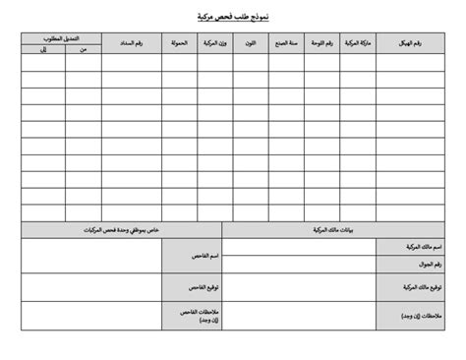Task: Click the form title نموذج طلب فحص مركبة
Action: (x=232, y=17)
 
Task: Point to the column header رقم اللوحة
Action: (x=320, y=44)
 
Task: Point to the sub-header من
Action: (x=83, y=49)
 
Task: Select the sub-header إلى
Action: (x=43, y=49)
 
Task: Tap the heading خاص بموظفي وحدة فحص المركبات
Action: (x=122, y=229)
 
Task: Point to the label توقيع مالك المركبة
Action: (x=422, y=287)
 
